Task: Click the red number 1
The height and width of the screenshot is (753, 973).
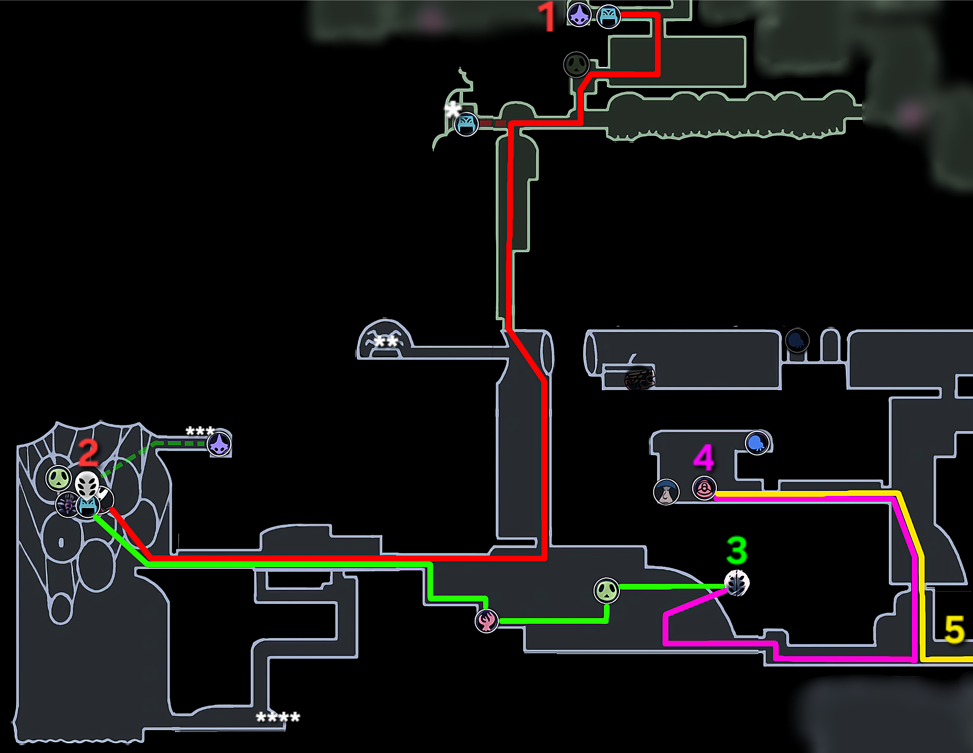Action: (547, 17)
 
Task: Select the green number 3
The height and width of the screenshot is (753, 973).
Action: (737, 550)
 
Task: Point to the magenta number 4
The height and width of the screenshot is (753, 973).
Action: (704, 458)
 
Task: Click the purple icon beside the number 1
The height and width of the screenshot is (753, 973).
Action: (579, 14)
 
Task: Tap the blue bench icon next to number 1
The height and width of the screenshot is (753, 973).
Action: (609, 17)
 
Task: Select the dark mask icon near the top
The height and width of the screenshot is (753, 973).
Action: (576, 65)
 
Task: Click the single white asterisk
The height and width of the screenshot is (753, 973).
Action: (453, 109)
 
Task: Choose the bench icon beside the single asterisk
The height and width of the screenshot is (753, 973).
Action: (466, 124)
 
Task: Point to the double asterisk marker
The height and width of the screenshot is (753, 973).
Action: (386, 341)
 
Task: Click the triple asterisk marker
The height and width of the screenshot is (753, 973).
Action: (200, 431)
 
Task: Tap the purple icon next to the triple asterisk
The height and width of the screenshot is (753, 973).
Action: (219, 444)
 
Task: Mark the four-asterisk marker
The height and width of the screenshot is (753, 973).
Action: (278, 717)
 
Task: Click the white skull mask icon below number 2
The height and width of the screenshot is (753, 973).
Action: (87, 485)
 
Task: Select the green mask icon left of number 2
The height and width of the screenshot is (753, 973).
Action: (59, 478)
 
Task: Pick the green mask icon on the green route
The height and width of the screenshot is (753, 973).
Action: (606, 590)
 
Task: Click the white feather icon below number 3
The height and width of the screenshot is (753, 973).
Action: (736, 583)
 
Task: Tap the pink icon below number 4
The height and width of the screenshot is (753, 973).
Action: (704, 488)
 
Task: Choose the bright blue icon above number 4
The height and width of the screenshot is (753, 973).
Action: (757, 443)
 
